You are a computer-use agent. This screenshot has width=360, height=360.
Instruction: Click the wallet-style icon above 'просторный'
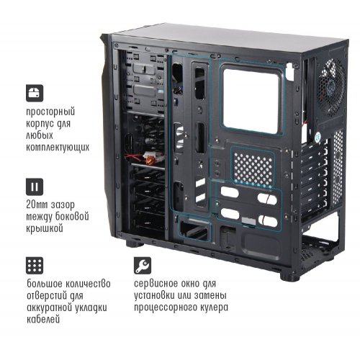pos(35,92)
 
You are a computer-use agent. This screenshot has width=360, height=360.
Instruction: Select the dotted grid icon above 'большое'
pos(35,264)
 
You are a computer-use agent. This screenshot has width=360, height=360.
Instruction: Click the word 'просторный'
pos(50,113)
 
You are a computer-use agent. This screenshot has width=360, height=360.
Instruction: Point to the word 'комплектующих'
pos(58,147)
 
